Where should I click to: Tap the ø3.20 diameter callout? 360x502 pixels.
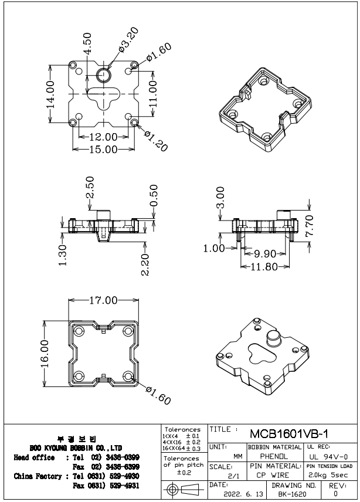[128, 39]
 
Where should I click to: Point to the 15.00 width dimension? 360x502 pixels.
[103, 150]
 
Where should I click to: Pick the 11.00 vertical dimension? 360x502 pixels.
[152, 92]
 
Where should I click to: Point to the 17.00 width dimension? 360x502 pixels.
[104, 300]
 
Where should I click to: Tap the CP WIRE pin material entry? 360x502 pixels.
[273, 475]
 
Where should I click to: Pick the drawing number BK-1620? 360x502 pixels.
[292, 495]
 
